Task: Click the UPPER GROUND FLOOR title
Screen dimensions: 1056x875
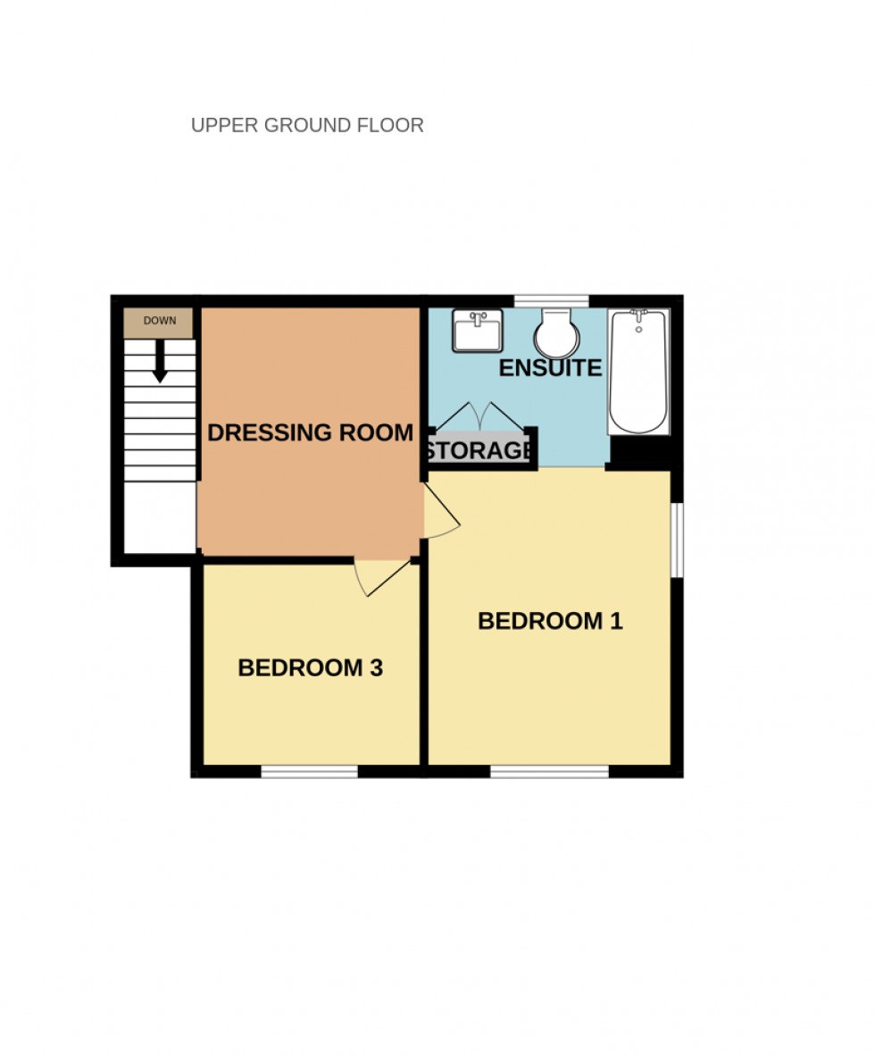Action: pyautogui.click(x=307, y=125)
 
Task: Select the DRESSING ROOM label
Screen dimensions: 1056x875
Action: pyautogui.click(x=310, y=432)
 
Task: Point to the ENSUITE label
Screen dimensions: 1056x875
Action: pyautogui.click(x=549, y=368)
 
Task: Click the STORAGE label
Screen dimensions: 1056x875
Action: pyautogui.click(x=479, y=450)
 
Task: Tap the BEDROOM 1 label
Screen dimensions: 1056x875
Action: pyautogui.click(x=549, y=621)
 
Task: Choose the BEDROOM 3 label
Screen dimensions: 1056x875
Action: pyautogui.click(x=310, y=667)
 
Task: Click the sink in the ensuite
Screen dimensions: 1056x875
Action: pyautogui.click(x=478, y=331)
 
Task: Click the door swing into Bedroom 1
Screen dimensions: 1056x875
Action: pyautogui.click(x=442, y=514)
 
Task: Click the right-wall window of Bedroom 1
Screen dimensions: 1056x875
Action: pyautogui.click(x=677, y=540)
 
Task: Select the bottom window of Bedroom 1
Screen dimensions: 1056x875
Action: pyautogui.click(x=549, y=771)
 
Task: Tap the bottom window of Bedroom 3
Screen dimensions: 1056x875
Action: pyautogui.click(x=310, y=771)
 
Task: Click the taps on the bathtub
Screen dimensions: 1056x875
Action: pyautogui.click(x=638, y=316)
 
